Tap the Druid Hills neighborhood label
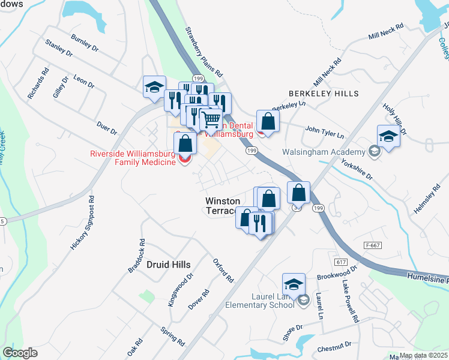click(168, 265)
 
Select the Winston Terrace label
click(223, 206)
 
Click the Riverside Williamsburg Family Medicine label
click(133, 158)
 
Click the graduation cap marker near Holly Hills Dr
click(388, 136)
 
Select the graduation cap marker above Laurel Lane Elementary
click(294, 284)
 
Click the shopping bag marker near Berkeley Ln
click(268, 121)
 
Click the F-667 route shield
click(373, 246)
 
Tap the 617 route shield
click(342, 262)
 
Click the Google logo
click(20, 353)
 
